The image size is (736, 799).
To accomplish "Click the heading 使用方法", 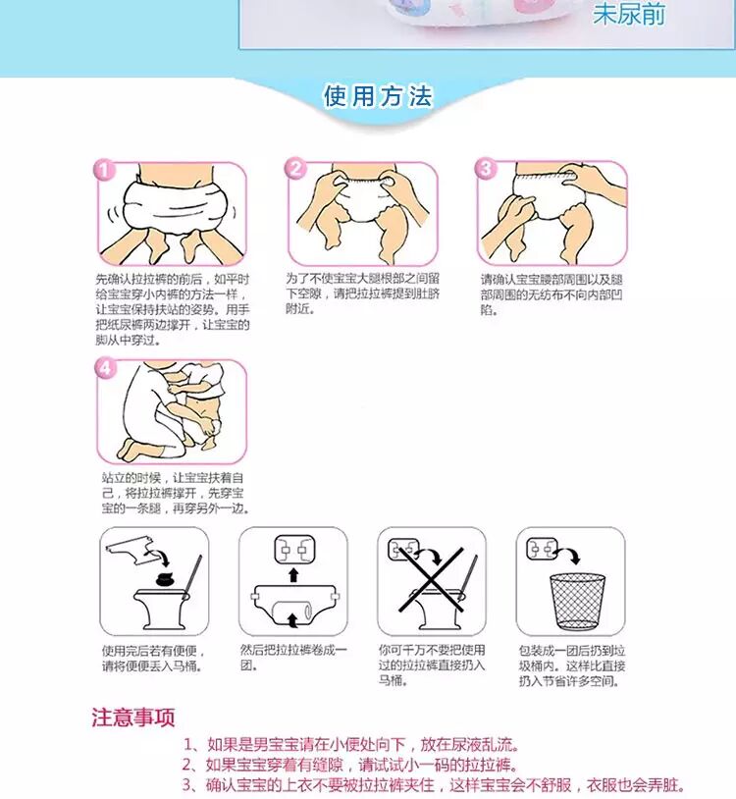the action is (378, 96).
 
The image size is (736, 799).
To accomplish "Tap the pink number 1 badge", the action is (104, 170).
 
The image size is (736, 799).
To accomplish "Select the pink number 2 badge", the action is (295, 168).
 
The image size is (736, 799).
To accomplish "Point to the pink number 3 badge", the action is (485, 168).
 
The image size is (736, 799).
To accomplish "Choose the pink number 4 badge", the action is (104, 367).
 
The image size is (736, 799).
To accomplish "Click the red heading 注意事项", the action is (133, 718).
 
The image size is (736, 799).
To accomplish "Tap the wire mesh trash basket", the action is (578, 602).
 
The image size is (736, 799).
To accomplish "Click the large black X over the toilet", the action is (431, 579).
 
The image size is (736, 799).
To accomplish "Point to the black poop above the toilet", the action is (165, 579).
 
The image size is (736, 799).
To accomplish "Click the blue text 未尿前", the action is (628, 14).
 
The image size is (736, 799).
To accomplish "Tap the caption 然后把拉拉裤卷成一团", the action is (293, 658).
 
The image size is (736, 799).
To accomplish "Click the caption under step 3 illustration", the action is (552, 294).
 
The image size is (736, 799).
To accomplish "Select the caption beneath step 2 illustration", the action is (362, 293).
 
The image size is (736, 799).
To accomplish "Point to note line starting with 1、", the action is (351, 744).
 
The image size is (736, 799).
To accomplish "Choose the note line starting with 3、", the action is (433, 784).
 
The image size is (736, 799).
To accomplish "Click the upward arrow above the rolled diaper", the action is (293, 575).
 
